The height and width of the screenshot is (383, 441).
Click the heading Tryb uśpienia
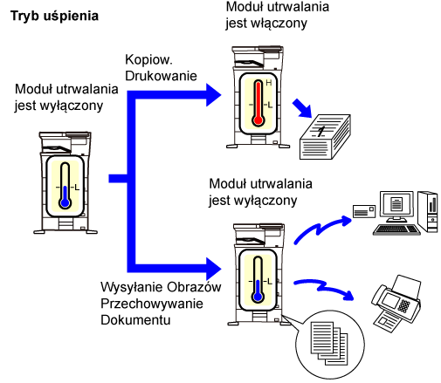(x=54, y=16)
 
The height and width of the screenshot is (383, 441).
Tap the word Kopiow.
(x=148, y=60)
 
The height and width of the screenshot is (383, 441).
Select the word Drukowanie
(x=161, y=76)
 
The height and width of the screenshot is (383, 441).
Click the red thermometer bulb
(x=258, y=120)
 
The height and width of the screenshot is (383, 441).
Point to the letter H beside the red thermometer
(x=269, y=83)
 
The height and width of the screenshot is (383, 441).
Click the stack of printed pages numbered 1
(x=325, y=137)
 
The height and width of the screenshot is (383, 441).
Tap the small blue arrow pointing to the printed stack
(x=303, y=108)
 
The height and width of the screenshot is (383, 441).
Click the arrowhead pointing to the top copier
(x=214, y=95)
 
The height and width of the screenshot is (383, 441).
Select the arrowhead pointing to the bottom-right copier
(x=214, y=269)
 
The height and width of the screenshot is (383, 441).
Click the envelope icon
(x=364, y=211)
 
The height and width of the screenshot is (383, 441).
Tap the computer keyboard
(x=397, y=229)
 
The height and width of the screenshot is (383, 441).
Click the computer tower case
(x=428, y=211)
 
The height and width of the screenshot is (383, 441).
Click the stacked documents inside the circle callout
(x=329, y=343)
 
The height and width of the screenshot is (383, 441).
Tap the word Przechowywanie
(x=152, y=304)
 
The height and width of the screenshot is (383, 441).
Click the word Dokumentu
(x=135, y=320)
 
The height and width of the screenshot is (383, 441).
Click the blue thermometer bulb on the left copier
(x=65, y=202)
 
